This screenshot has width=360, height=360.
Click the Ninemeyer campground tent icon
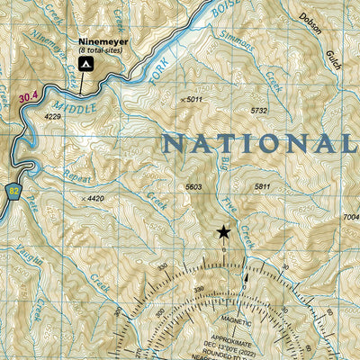tap(85, 65)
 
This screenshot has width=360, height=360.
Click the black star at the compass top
tap(223, 232)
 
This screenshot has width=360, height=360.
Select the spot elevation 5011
tap(193, 99)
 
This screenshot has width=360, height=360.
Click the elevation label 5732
tap(259, 111)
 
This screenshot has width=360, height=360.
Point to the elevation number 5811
tap(262, 186)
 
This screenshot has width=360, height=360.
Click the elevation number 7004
tap(350, 218)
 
